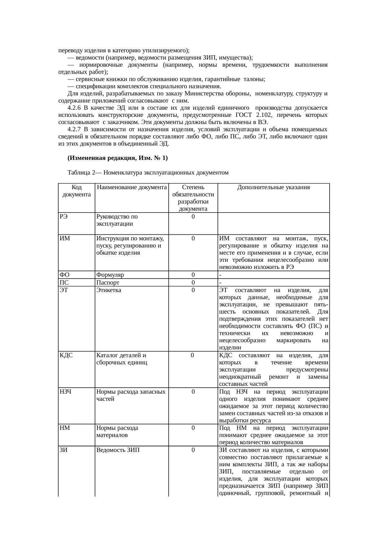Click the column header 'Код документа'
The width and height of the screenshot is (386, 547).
click(x=76, y=191)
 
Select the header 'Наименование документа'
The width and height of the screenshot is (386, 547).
click(x=131, y=187)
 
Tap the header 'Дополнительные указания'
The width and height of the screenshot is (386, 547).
click(x=273, y=187)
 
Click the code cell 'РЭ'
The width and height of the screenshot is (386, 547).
click(x=64, y=217)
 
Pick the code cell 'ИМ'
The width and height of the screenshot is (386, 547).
click(x=64, y=238)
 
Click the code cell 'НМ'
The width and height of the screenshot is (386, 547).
click(x=64, y=428)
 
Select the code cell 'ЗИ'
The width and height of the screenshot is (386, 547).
click(x=64, y=450)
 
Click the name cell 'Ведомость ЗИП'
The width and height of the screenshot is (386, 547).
click(x=116, y=450)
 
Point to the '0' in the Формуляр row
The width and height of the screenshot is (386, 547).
click(x=193, y=275)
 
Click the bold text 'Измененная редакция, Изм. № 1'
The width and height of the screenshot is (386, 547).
click(x=117, y=158)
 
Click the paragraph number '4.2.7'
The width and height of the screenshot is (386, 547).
click(x=74, y=129)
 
